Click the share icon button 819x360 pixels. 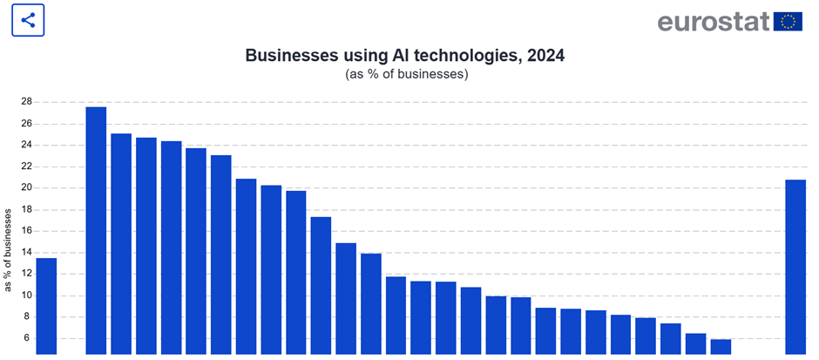coord(28,20)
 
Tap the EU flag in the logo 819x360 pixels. coord(788,21)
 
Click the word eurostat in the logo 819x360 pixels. coord(713,21)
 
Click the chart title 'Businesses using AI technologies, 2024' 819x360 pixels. coord(404,56)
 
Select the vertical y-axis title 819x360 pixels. coord(9,249)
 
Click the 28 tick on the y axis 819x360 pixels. coord(26,102)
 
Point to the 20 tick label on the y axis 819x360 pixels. coord(26,187)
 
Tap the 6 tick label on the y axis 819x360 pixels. coord(29,338)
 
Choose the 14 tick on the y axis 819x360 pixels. coord(26,252)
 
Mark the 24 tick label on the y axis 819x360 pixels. coord(26,145)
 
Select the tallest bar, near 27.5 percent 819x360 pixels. coord(96,231)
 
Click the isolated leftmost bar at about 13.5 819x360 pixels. coord(46,306)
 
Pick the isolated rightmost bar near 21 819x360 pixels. coord(795,267)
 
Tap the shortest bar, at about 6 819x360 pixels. coord(721,347)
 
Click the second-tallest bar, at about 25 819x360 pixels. coord(121,244)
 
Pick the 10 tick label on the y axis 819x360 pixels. coord(26,295)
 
